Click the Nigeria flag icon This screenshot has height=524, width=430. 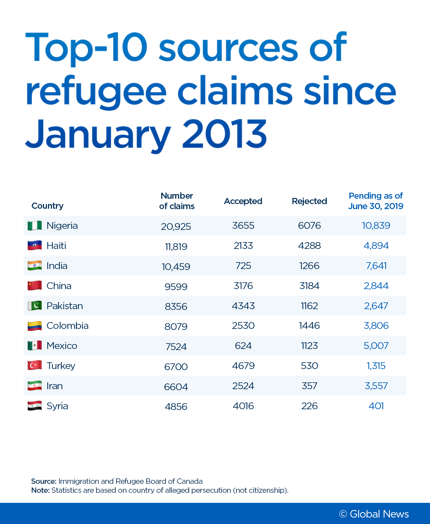point(35,226)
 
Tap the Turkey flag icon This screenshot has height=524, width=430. point(35,365)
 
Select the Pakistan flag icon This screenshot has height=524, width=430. point(35,306)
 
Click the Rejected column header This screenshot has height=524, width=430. point(309,201)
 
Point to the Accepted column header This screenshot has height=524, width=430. point(243,201)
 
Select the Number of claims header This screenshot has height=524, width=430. point(177,201)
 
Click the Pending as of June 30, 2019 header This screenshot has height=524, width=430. point(376,201)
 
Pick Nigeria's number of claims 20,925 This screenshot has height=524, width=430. point(176,226)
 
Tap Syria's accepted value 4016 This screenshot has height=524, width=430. point(243,406)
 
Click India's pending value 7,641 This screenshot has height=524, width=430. point(376,266)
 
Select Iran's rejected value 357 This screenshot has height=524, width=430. point(309,386)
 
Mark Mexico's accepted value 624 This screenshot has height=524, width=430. point(243,346)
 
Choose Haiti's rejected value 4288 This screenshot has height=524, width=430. point(309,246)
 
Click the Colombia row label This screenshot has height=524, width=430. point(67,326)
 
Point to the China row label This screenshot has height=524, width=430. point(59,286)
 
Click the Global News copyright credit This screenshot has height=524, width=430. point(374,514)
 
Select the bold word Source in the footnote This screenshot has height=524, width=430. point(44,481)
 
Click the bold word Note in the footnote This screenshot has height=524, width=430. point(40,490)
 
